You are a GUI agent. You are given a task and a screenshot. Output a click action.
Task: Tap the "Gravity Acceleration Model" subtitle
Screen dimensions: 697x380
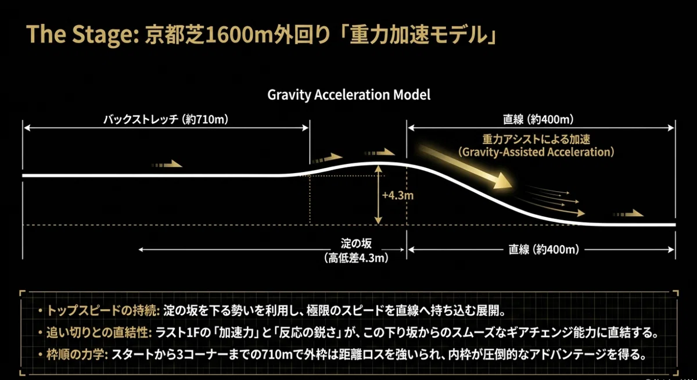(349, 95)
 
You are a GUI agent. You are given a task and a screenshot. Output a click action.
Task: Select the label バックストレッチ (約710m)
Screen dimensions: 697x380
(166, 119)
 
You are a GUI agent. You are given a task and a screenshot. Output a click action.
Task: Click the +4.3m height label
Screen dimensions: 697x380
(398, 195)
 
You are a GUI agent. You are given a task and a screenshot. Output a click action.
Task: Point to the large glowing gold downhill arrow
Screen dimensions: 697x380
(465, 167)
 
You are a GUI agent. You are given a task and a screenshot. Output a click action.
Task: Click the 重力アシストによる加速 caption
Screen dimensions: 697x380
(536, 139)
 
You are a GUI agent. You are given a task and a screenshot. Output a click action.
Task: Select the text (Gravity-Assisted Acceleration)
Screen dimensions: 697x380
(536, 152)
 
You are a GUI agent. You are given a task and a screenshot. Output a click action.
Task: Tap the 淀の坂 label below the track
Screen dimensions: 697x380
(356, 243)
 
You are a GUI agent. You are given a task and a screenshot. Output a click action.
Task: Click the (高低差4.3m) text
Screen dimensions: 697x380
(356, 258)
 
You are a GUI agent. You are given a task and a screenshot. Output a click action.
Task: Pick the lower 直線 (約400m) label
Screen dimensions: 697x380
(544, 250)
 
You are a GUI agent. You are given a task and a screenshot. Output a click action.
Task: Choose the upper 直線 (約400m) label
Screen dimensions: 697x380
(538, 119)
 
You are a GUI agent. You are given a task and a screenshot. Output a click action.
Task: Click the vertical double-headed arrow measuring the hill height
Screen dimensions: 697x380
(378, 195)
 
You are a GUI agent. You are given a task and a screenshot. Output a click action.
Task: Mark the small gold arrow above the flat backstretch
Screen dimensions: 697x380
(167, 164)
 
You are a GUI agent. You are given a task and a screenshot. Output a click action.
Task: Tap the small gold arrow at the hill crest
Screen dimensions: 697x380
(380, 152)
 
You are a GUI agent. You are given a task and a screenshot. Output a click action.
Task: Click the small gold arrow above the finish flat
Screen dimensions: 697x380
(628, 213)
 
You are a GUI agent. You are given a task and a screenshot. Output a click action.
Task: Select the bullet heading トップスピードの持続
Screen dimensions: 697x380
(103, 311)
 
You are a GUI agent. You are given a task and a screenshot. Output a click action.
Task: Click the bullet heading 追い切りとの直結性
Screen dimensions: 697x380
(99, 333)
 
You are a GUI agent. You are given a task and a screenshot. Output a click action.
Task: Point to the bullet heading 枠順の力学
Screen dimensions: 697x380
(77, 354)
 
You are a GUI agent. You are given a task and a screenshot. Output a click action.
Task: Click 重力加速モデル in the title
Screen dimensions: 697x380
(419, 34)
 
